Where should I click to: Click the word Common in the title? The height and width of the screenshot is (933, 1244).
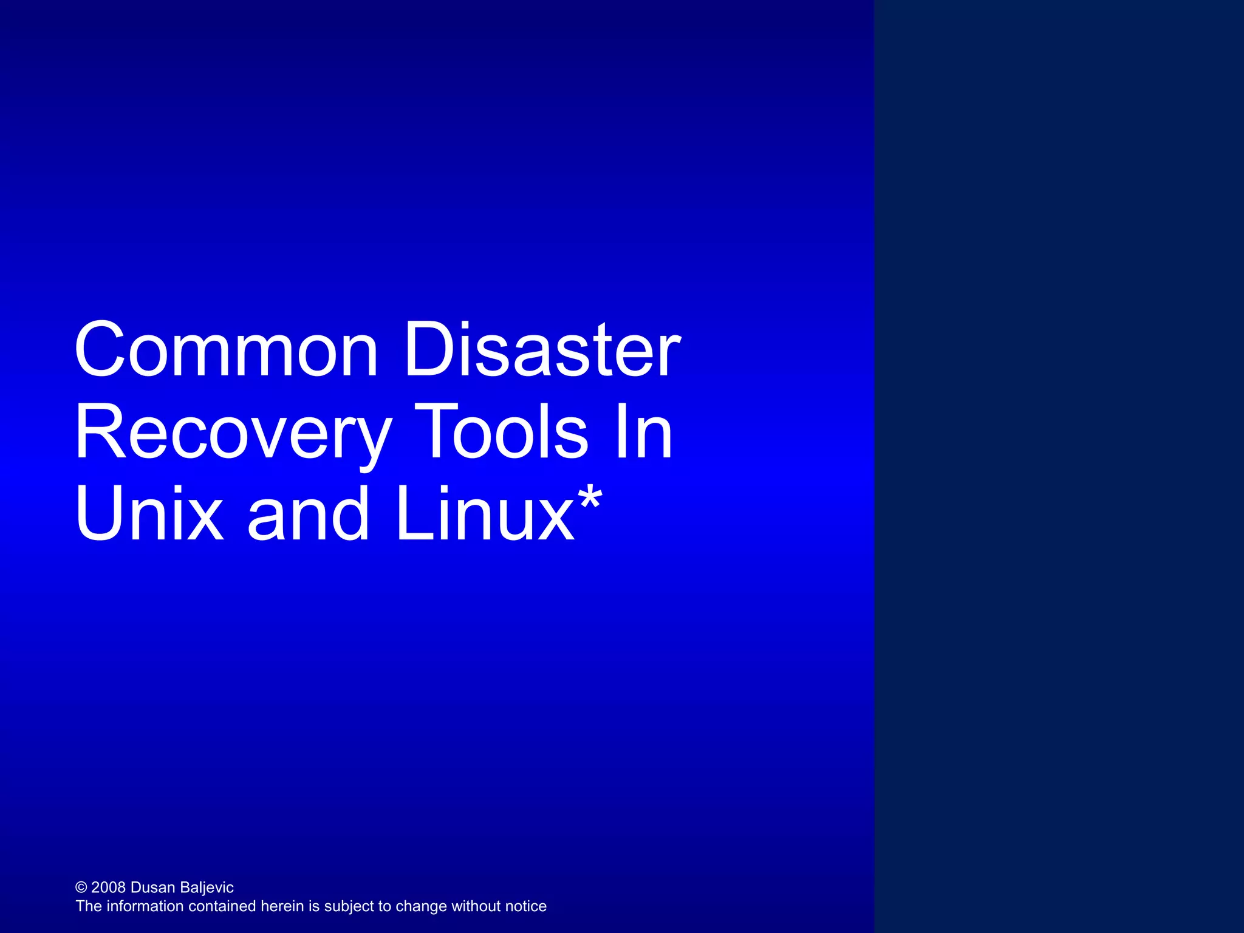[226, 350]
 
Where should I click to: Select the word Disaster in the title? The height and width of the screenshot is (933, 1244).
[542, 350]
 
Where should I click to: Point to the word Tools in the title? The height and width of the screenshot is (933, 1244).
[503, 432]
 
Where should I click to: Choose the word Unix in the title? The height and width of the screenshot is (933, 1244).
[149, 514]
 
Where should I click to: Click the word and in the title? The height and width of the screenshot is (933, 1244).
[309, 514]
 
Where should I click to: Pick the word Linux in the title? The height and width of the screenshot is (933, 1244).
[484, 514]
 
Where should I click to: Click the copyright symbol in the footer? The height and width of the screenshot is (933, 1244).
[81, 888]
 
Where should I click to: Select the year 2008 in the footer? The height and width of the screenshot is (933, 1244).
[108, 887]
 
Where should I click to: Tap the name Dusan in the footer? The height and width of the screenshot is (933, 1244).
[152, 887]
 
